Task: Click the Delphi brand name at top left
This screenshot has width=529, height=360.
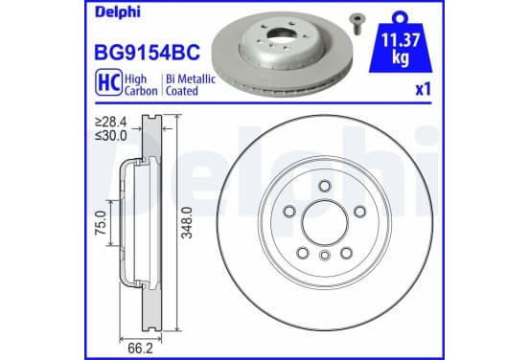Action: (117, 12)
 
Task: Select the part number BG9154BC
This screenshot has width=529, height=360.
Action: (147, 53)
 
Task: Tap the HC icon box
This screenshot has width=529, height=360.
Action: (108, 82)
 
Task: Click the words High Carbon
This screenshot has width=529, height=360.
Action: (141, 85)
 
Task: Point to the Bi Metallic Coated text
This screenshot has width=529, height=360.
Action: (191, 85)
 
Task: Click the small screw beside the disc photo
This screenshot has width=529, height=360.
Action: (356, 24)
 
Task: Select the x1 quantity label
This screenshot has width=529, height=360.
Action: (423, 90)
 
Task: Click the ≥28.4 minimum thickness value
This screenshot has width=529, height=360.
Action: (110, 122)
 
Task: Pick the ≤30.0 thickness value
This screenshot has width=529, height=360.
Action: (110, 136)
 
